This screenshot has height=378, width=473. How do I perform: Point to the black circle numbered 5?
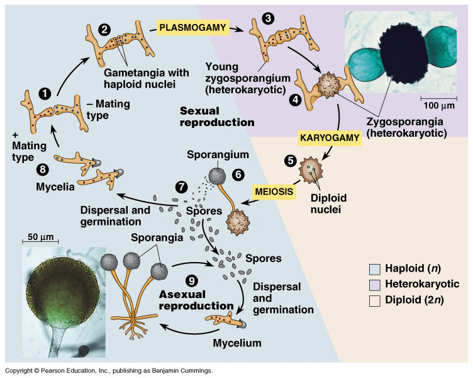tap(290, 160)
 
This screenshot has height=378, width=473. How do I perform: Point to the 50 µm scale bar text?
tap(41, 238)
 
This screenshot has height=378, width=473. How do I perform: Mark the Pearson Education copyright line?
tap(108, 371)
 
